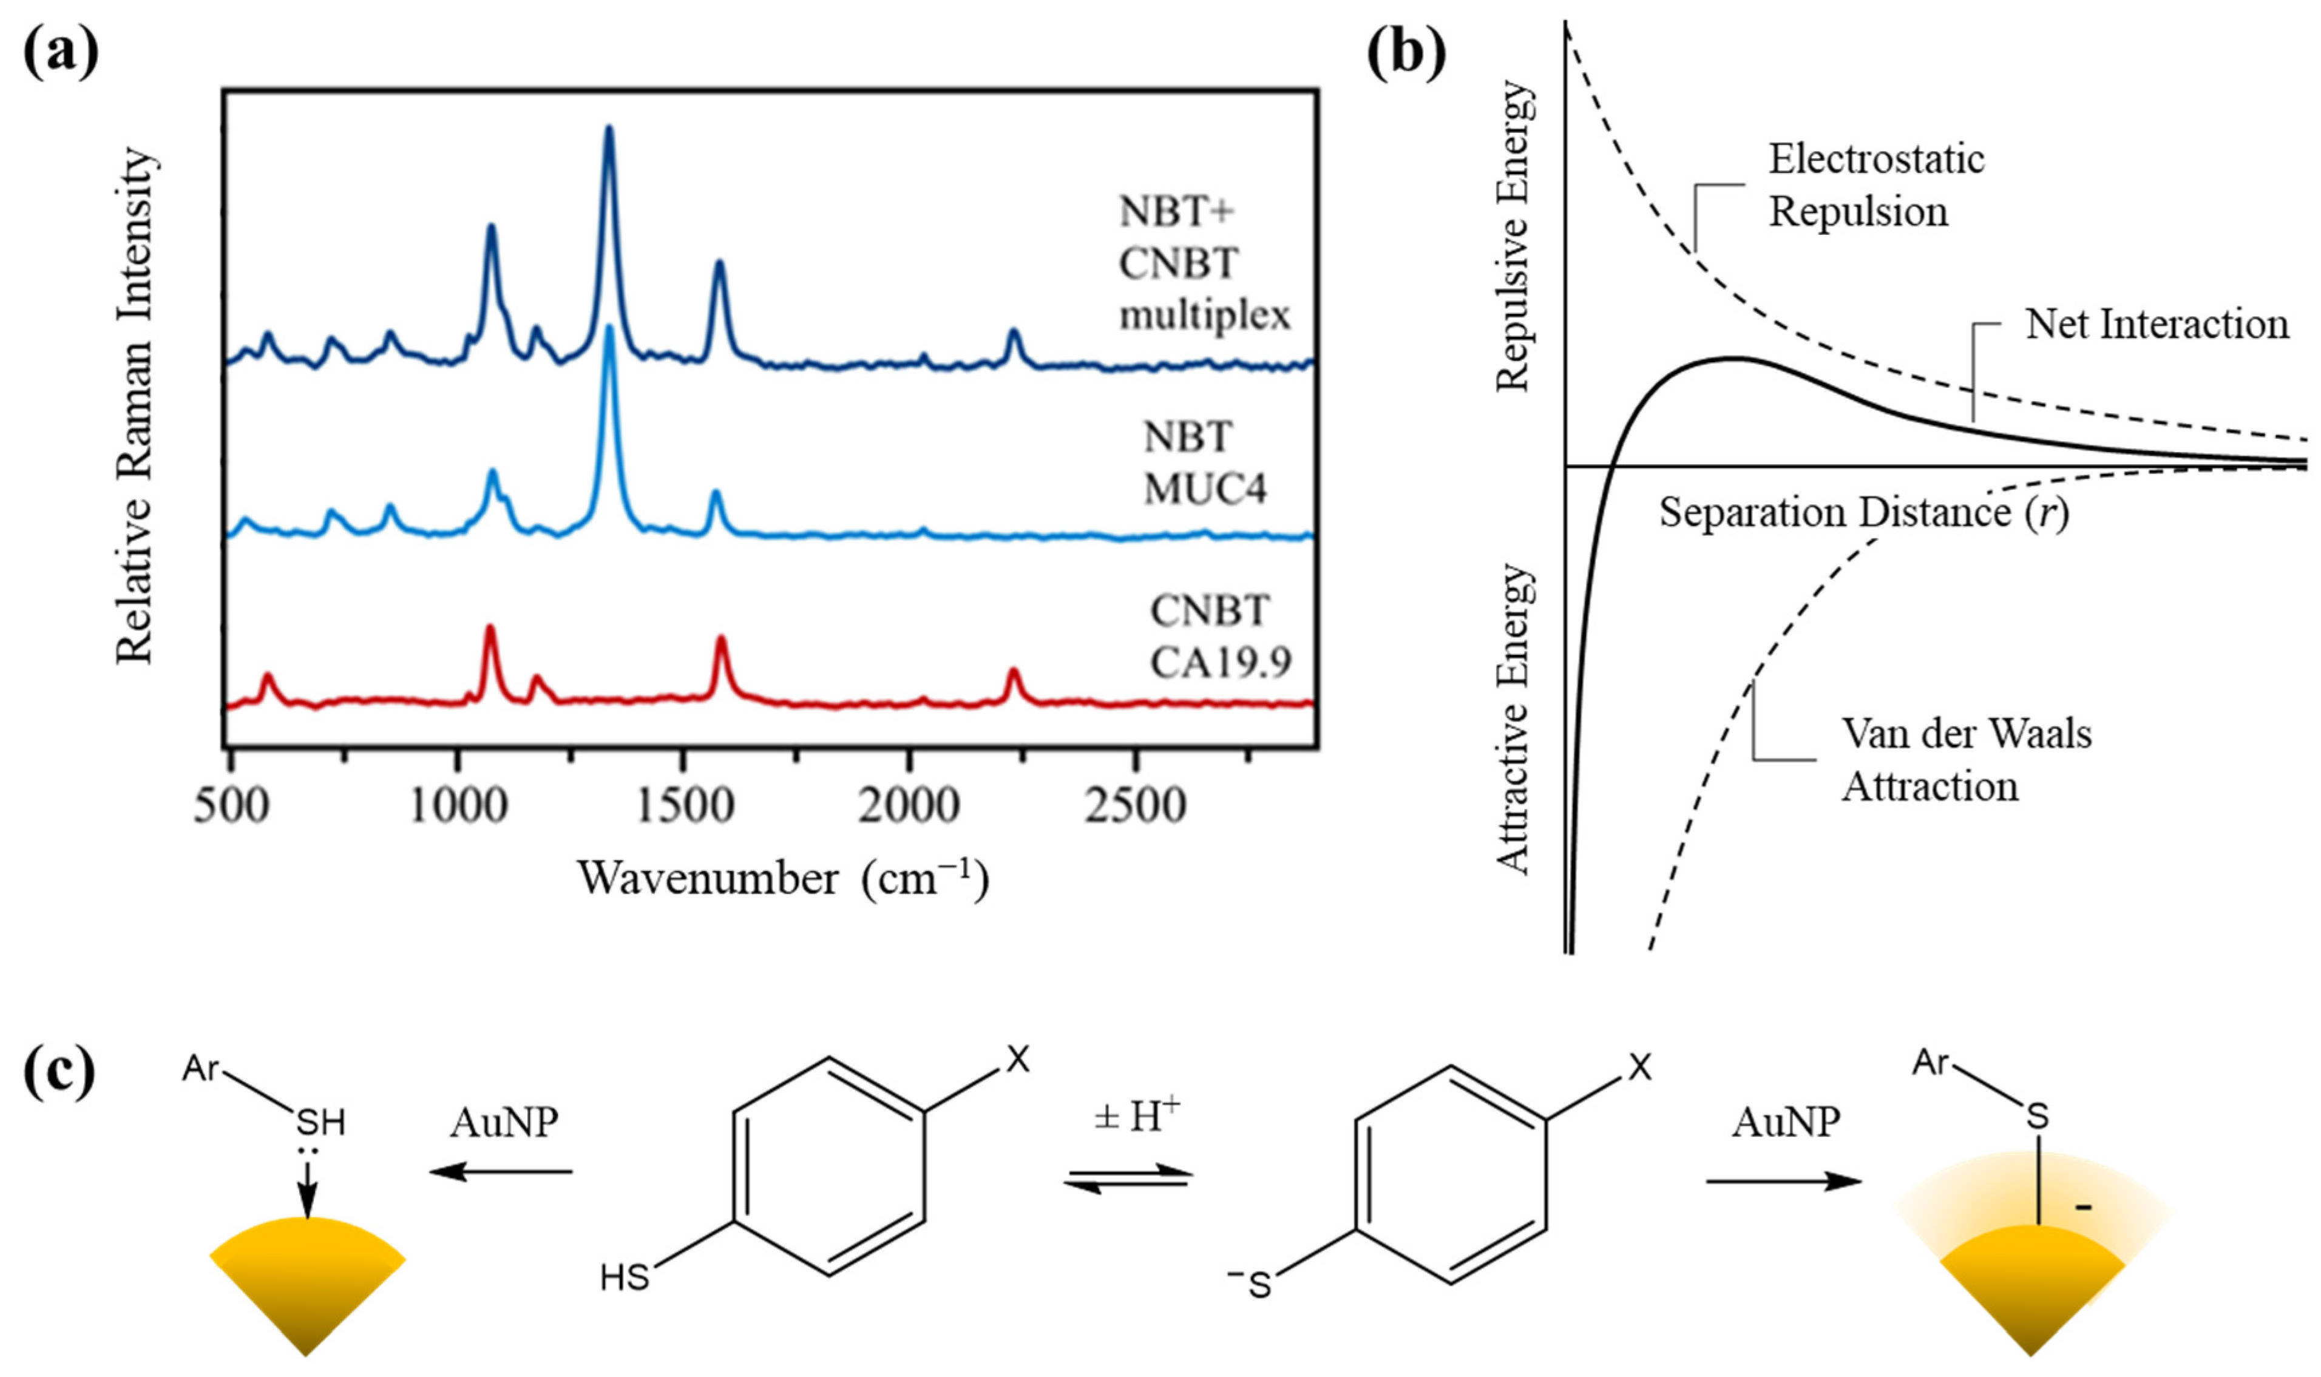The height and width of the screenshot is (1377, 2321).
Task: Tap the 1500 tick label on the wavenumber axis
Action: [x=684, y=805]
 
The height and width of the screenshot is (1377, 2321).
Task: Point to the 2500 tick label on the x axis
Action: [x=1135, y=805]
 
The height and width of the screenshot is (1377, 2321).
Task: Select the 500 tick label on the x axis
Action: [x=231, y=805]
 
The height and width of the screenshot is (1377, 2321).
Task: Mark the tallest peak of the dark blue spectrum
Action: [x=609, y=130]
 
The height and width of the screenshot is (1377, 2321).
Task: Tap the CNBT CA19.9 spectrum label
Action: [x=1219, y=637]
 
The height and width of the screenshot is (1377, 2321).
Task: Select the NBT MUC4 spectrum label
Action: [x=1204, y=462]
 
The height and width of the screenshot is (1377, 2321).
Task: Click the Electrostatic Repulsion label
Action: [x=1875, y=186]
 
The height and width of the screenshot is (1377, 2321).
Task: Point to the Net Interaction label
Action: [x=2156, y=324]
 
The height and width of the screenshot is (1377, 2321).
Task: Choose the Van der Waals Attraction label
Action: [x=1965, y=760]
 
